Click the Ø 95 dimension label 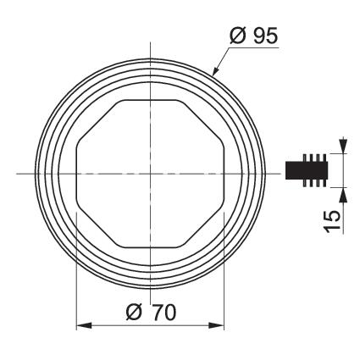(x=254, y=36)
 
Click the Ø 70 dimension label (x=151, y=313)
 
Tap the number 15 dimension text (x=332, y=221)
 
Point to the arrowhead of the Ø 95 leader (x=215, y=72)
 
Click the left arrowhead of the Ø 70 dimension (x=84, y=325)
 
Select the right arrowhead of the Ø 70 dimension (x=216, y=325)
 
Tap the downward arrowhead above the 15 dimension (x=343, y=146)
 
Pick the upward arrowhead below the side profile (x=343, y=195)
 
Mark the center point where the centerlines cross (x=150, y=174)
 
